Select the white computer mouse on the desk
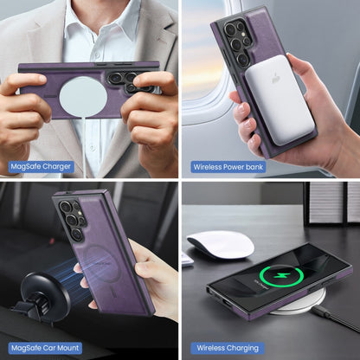coord(220,245)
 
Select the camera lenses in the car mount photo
coord(72,221)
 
